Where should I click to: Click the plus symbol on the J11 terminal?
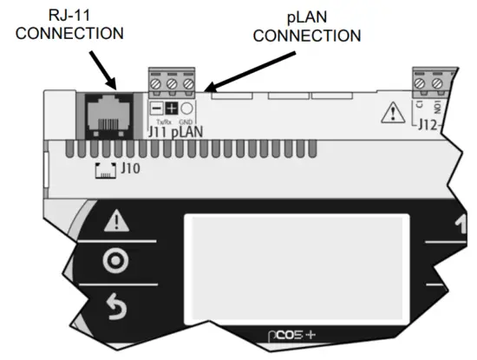click(x=171, y=109)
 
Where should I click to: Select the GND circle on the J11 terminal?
click(x=186, y=109)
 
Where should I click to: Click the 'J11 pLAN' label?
click(x=174, y=132)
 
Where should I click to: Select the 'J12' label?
click(x=427, y=125)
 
